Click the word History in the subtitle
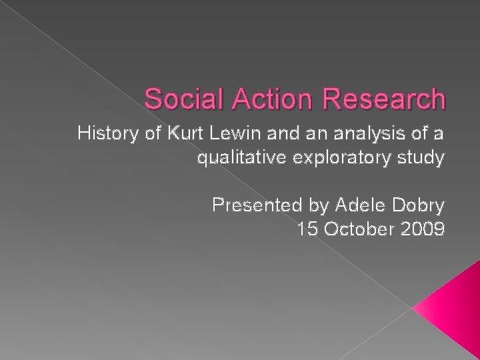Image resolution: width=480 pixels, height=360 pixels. click(x=105, y=135)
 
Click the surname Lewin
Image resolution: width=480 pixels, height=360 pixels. click(x=227, y=135)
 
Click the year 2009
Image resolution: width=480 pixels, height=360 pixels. click(x=420, y=230)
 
